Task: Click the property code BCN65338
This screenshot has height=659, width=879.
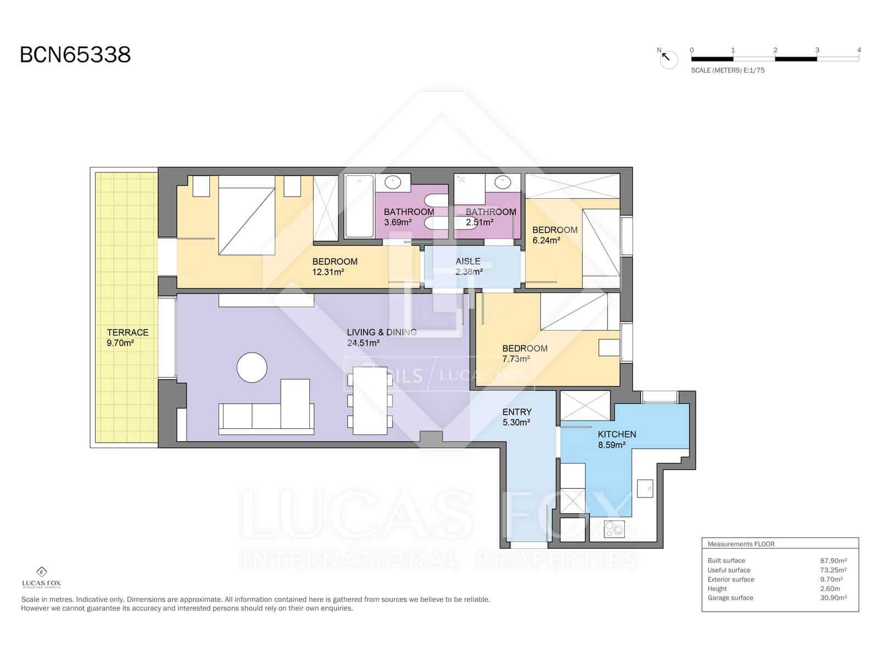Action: tap(75, 55)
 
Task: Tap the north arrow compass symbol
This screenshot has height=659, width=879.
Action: tap(669, 59)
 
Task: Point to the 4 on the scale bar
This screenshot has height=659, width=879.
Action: tap(859, 50)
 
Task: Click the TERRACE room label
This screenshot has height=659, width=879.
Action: tap(127, 332)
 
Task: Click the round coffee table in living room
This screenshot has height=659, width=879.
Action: tap(252, 367)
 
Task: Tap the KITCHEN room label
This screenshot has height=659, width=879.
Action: tap(616, 434)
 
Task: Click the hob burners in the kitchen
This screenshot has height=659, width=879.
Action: tap(614, 529)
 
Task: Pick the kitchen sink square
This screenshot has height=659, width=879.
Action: tap(645, 487)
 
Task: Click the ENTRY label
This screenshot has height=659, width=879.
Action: tap(516, 412)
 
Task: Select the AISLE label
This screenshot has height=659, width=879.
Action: tap(468, 261)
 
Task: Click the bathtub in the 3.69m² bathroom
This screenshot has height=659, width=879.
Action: tap(359, 206)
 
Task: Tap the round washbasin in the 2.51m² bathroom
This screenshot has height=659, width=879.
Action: tap(502, 182)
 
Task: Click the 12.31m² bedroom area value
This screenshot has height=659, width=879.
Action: tap(328, 272)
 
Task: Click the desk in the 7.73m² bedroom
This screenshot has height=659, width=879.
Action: tap(609, 348)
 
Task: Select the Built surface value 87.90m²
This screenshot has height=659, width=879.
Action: tap(833, 561)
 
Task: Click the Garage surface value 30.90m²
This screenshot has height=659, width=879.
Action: tap(833, 598)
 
